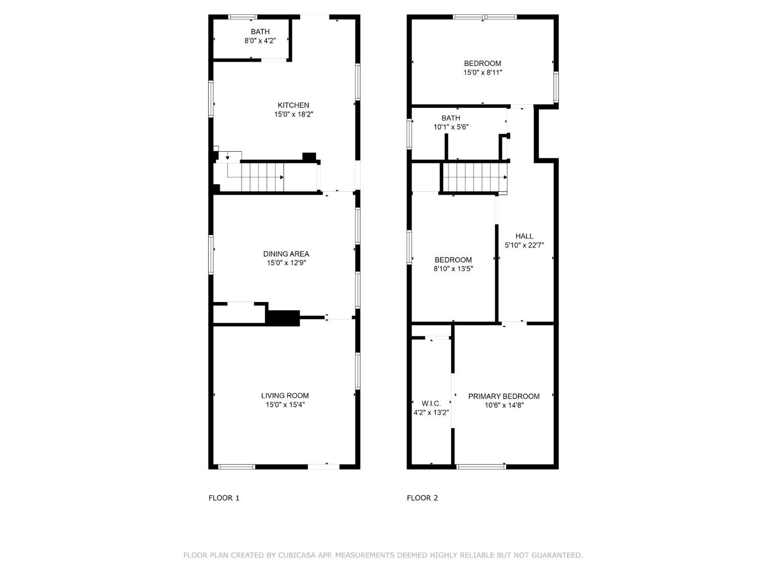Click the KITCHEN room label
[x=293, y=105]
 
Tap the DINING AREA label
[x=286, y=254]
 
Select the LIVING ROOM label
[x=285, y=396]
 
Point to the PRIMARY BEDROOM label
[x=504, y=397]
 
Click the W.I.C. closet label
[x=431, y=404]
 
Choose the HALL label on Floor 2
[x=524, y=236]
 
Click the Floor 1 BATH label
[x=260, y=32]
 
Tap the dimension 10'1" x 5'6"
[x=451, y=127]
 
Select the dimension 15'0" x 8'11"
[x=482, y=73]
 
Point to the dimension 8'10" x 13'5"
[x=453, y=269]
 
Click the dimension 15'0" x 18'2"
[x=293, y=114]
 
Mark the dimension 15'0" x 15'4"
[x=285, y=405]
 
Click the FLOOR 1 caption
[x=224, y=498]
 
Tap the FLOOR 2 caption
[x=422, y=498]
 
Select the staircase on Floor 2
[x=474, y=177]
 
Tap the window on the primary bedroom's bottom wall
[x=481, y=466]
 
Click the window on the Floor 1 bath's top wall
[x=242, y=17]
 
